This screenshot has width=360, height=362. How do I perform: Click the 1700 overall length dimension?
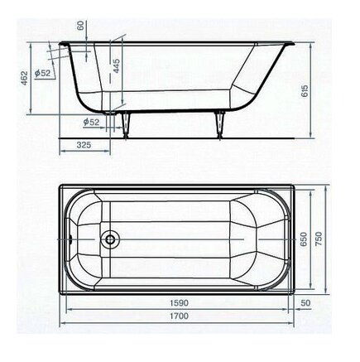(179, 316)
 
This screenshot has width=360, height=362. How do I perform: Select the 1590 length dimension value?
(179, 303)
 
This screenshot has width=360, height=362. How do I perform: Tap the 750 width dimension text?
(319, 239)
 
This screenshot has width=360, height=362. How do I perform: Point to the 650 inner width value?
(303, 239)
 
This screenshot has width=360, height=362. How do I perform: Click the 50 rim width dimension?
(305, 303)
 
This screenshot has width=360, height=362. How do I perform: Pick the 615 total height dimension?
(305, 90)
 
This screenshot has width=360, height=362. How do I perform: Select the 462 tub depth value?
(25, 78)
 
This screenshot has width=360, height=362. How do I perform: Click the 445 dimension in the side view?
(117, 65)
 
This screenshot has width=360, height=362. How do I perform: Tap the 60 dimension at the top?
(80, 26)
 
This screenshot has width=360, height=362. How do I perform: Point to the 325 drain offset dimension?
(84, 145)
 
